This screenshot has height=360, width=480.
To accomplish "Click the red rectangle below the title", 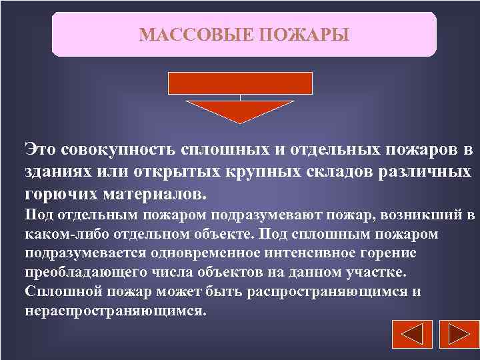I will tap(240, 83).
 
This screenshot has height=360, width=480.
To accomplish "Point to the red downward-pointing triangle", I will tap(240, 110).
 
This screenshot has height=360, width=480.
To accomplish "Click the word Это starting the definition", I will tap(42, 149).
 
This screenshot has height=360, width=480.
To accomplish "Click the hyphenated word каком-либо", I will tap(61, 235).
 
